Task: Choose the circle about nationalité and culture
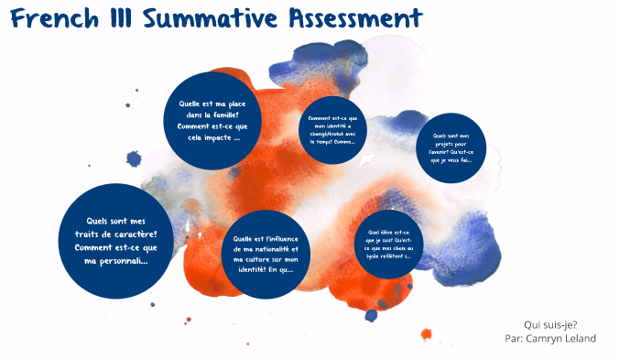click(265, 253)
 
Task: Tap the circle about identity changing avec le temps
click(334, 130)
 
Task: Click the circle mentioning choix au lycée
click(389, 244)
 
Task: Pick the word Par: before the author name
click(514, 338)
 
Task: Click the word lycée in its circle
click(376, 256)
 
